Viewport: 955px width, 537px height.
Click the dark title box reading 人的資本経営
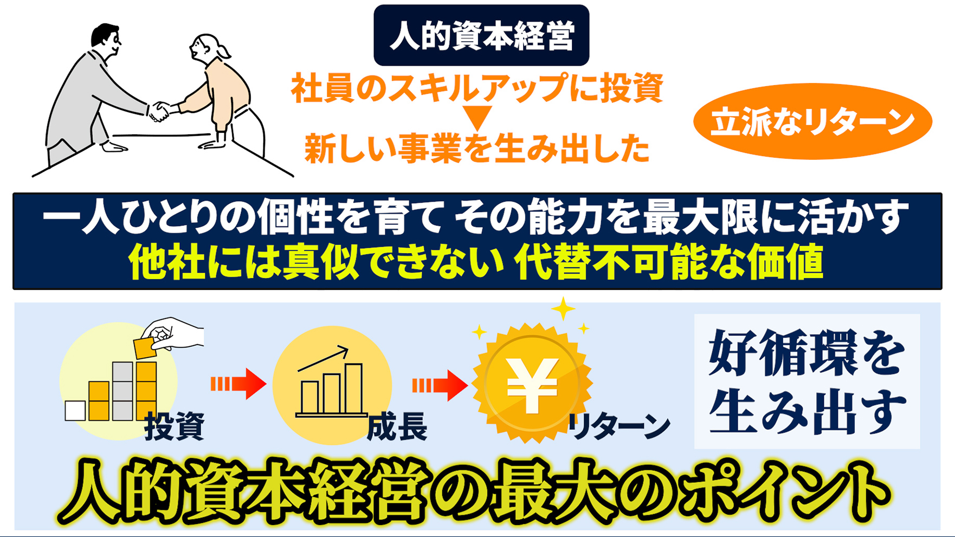(x=481, y=35)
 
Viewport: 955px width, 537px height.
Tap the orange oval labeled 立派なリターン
(x=812, y=121)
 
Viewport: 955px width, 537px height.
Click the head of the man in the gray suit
(x=106, y=41)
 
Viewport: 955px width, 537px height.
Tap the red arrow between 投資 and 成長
(x=238, y=384)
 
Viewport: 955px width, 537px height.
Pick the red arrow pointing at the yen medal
(x=440, y=385)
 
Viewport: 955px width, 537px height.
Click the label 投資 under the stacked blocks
(x=175, y=425)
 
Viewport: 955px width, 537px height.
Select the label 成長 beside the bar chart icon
(x=397, y=426)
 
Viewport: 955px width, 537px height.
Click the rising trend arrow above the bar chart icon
(x=323, y=358)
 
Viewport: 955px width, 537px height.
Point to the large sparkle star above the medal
(x=563, y=309)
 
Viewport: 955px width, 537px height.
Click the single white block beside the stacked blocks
(x=75, y=411)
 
